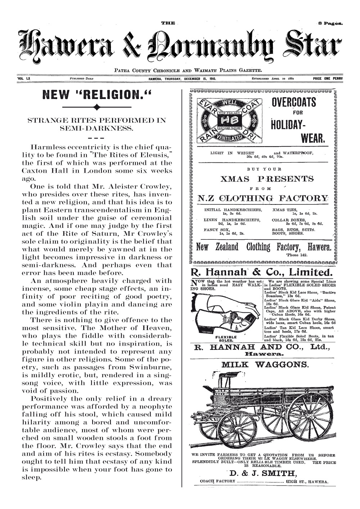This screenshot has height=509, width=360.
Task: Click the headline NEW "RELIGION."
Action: tap(96, 96)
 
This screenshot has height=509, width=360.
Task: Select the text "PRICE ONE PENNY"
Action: tap(328, 78)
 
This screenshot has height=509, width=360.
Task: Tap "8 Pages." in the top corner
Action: tap(330, 23)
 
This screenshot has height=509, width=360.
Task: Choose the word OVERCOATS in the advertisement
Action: tap(294, 103)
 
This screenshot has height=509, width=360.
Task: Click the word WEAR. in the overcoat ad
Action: tap(313, 139)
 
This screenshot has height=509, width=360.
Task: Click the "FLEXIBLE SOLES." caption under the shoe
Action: tap(225, 338)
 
